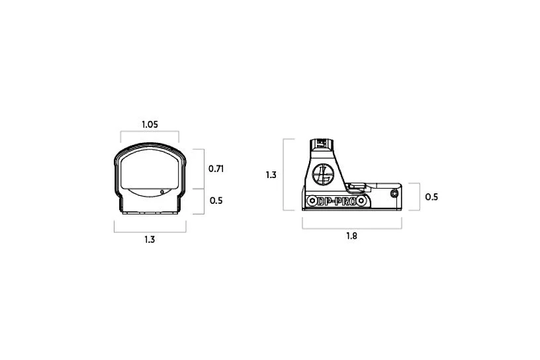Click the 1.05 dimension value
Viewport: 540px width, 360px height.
coord(150,124)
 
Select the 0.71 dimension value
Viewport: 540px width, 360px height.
coord(216,169)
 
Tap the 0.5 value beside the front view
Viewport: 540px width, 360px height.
coord(216,201)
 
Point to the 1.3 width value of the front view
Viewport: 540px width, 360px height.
coord(150,240)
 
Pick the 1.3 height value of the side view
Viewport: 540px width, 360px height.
coord(271,175)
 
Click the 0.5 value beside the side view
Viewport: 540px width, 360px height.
coord(431,197)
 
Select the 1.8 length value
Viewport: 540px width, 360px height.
coord(351,236)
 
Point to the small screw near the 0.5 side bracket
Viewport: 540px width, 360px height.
coord(394,194)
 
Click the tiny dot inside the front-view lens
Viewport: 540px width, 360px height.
coord(163,193)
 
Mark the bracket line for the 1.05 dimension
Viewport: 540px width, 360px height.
coord(150,131)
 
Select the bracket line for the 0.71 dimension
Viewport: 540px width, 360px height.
coord(202,169)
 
